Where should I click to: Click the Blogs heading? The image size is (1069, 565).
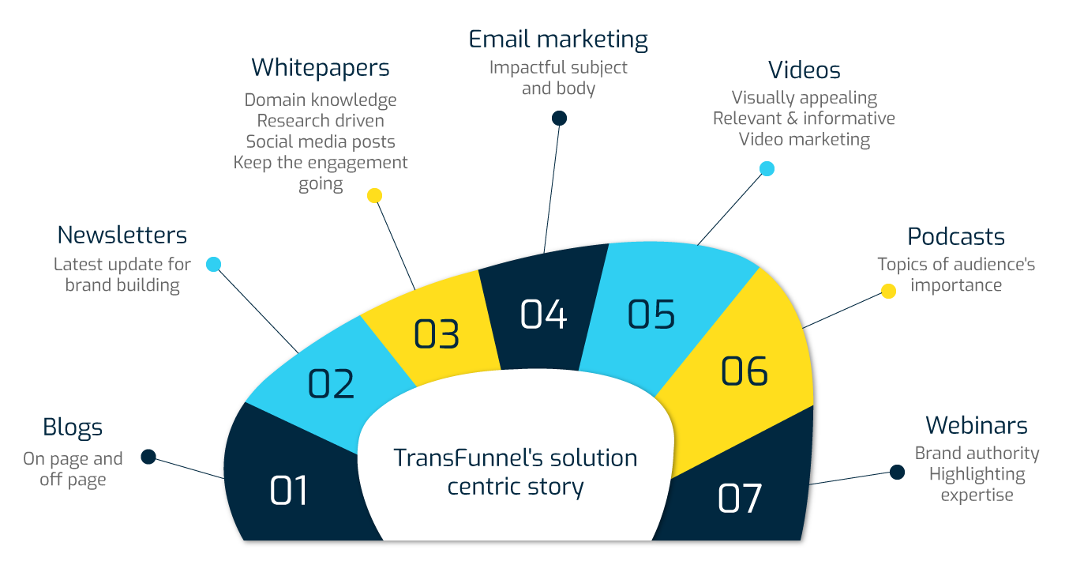coord(73,428)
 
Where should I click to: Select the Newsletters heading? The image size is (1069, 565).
coord(122,235)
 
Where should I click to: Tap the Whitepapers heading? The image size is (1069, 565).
coord(321,68)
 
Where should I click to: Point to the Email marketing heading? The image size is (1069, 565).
coord(558,40)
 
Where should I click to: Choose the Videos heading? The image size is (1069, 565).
coord(804,70)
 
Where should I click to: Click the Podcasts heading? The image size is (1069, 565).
coord(955,236)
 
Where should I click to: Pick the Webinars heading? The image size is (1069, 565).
coord(977,425)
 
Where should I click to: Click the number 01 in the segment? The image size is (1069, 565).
coord(289,491)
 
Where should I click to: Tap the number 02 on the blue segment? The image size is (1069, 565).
coord(331,384)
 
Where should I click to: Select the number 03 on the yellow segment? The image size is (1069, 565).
coord(437,334)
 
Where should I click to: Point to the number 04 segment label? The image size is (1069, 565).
coord(543,314)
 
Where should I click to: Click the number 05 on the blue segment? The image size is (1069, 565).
coord(651,314)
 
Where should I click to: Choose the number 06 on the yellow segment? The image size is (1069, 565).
coord(744,371)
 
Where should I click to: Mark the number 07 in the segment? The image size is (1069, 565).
coord(740,499)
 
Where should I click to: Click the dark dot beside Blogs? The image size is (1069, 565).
coord(148,457)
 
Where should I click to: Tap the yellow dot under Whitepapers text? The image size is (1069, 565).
coord(374,195)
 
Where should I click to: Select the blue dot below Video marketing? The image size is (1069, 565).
coord(767,168)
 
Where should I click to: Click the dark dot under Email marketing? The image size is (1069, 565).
coord(559,118)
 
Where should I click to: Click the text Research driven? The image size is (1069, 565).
coord(321,121)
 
